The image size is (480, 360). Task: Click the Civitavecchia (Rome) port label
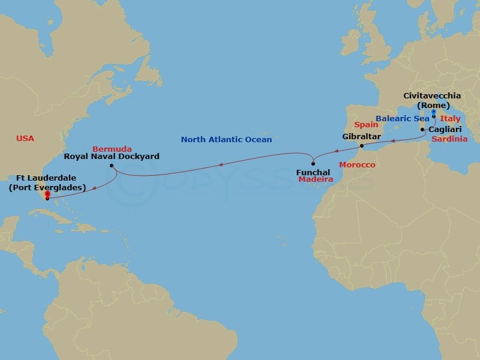pos(432,100)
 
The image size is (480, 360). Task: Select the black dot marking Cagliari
pos(423,130)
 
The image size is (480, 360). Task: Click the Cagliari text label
pos(445,129)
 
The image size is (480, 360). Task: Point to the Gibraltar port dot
pos(361,146)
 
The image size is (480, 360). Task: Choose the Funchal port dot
pos(313,164)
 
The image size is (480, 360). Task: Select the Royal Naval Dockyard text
pos(112,157)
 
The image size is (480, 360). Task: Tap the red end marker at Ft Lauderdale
pos(47,194)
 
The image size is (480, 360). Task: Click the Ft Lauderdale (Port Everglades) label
pos(47,182)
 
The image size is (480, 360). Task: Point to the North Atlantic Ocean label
pos(226,140)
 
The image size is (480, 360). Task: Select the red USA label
pos(25,139)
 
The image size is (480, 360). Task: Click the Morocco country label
pos(357,164)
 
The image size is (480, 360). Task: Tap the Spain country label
pos(365,125)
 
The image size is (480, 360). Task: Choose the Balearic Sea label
pos(403,118)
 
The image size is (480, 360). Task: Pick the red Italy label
pos(450,119)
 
